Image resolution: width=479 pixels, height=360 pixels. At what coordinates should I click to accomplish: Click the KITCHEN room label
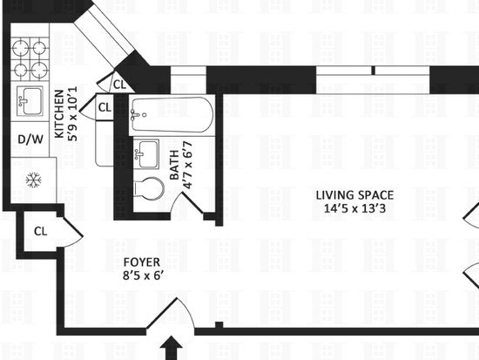(59, 114)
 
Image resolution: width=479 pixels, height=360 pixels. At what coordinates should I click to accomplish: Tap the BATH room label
(174, 166)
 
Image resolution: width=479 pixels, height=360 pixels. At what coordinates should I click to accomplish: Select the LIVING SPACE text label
(354, 195)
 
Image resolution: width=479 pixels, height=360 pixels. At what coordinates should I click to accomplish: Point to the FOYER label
(142, 262)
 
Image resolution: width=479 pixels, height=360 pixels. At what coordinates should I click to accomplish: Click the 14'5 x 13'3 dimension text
(354, 208)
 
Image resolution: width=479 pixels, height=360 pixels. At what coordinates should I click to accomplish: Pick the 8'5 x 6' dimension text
(142, 275)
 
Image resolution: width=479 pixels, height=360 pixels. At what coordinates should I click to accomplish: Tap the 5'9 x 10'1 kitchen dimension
(72, 114)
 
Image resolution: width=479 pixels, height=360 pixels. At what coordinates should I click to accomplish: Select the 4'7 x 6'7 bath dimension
(187, 166)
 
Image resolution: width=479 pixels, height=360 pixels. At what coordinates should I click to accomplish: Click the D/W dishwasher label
(30, 139)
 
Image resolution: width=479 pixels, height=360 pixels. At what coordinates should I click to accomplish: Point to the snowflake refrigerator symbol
(33, 180)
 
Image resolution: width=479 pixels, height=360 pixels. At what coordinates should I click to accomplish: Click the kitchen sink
(30, 100)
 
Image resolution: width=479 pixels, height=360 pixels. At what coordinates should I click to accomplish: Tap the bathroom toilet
(148, 189)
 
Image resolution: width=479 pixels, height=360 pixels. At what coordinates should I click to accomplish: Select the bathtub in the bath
(172, 115)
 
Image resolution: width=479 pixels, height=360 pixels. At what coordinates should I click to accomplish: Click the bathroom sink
(146, 153)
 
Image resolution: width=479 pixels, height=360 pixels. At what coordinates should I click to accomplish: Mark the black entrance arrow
(174, 348)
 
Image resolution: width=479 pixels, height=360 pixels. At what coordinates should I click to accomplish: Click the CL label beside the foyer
(41, 231)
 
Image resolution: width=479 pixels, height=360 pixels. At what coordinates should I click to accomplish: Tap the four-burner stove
(30, 58)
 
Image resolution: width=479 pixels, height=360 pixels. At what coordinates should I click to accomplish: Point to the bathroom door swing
(186, 203)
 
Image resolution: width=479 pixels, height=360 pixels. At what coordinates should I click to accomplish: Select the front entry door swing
(171, 315)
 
